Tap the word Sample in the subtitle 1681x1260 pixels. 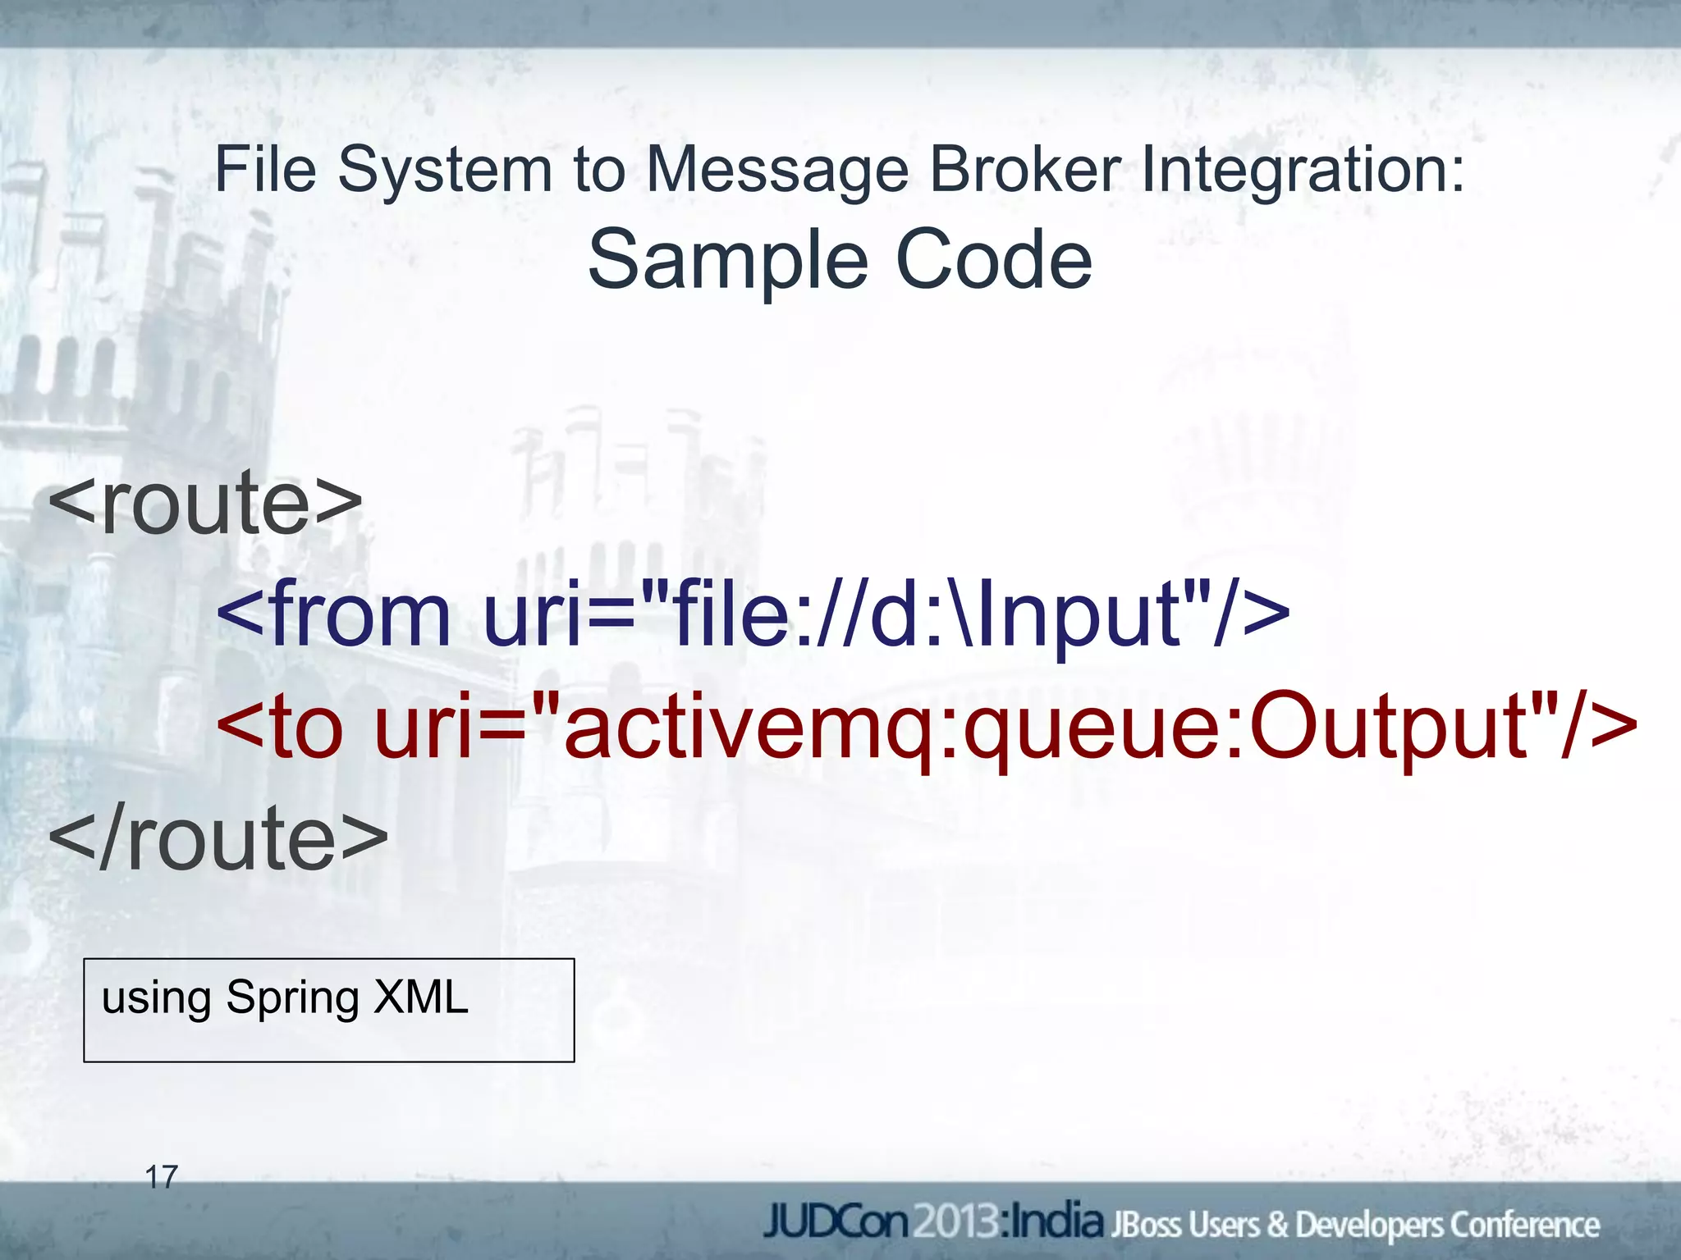click(728, 260)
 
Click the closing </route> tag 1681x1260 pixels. click(218, 838)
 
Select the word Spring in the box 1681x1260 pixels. click(293, 999)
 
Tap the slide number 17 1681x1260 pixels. click(161, 1177)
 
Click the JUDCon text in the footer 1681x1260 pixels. click(837, 1223)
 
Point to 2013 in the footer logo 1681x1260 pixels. click(955, 1223)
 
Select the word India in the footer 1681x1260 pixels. click(1056, 1222)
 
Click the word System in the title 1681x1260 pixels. click(445, 171)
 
